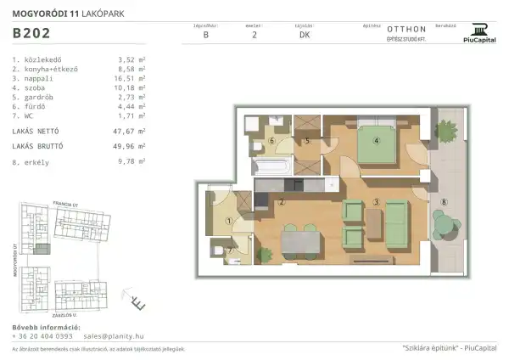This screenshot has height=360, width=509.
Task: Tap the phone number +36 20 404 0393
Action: coord(42,335)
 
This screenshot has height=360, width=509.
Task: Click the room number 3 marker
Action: coord(375,201)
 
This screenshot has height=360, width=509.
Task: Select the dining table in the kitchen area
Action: coord(302,242)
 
